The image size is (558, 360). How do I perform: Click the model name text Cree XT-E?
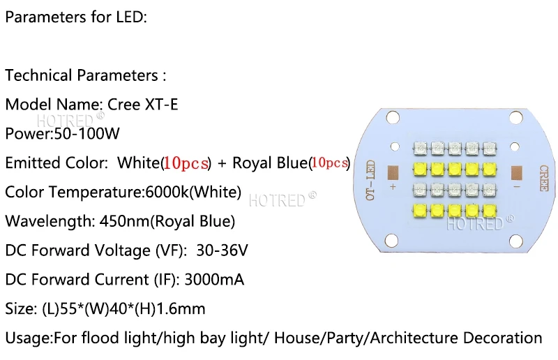(143, 105)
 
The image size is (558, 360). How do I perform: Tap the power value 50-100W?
(86, 133)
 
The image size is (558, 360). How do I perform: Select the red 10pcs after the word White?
(186, 163)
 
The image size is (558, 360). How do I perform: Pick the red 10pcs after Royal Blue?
(329, 163)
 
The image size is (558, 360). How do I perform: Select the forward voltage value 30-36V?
(222, 250)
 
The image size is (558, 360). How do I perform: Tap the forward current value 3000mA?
(214, 280)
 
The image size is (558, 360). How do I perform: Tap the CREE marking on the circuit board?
(543, 178)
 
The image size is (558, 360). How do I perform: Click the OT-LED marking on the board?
(370, 180)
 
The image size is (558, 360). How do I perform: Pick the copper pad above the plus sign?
(393, 173)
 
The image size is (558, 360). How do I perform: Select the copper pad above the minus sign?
(516, 173)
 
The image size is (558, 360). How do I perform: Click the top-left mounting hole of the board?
(393, 117)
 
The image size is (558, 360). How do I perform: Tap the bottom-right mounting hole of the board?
(516, 241)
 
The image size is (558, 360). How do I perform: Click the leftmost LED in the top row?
(420, 148)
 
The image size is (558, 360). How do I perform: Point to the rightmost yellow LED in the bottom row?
(490, 211)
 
